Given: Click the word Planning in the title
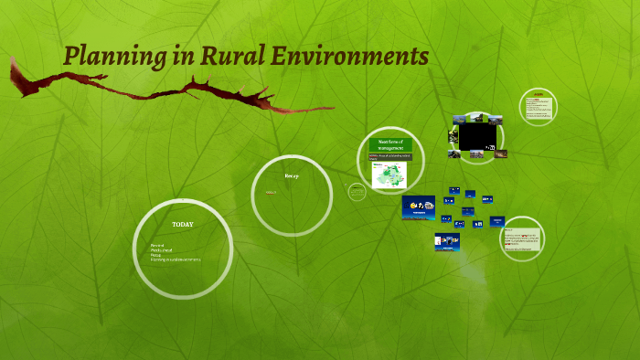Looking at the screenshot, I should pos(115,57).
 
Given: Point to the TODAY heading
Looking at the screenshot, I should pos(182,224).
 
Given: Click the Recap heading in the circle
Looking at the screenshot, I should pos(292,175).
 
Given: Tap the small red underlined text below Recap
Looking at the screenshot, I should pos(271,193).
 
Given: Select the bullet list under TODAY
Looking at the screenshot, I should pos(174,253).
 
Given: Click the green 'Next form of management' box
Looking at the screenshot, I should pos(390,143).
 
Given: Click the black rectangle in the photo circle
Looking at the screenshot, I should pos(477,136).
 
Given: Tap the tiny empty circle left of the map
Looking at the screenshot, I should pos(357,191).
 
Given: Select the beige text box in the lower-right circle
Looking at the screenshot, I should pos(521,239).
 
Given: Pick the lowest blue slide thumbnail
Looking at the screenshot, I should pos(447,242).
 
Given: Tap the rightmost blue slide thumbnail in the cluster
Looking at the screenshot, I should pos(497,220).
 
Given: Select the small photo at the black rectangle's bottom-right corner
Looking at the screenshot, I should pos(500,154).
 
